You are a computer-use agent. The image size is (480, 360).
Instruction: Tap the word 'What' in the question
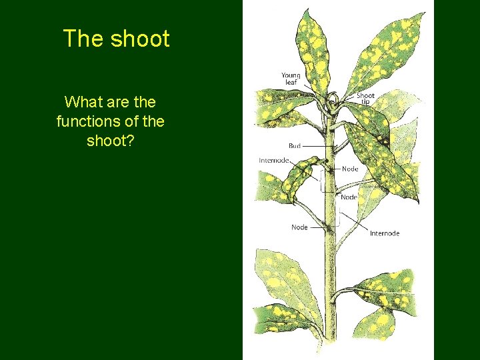pyautogui.click(x=81, y=102)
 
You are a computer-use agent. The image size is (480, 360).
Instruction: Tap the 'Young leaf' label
pyautogui.click(x=291, y=79)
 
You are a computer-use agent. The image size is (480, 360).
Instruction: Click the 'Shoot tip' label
pyautogui.click(x=365, y=99)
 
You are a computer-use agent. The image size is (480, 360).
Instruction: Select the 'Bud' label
pyautogui.click(x=294, y=145)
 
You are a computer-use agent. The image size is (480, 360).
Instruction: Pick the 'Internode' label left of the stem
pyautogui.click(x=274, y=161)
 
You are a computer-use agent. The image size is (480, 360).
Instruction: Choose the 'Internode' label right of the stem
pyautogui.click(x=385, y=233)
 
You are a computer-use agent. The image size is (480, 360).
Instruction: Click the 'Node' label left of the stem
pyautogui.click(x=299, y=227)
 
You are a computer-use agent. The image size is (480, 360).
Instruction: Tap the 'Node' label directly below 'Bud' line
pyautogui.click(x=350, y=169)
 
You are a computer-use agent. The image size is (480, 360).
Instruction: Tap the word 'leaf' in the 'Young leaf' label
pyautogui.click(x=291, y=83)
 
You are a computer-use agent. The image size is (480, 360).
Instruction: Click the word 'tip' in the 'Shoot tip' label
pyautogui.click(x=366, y=103)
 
